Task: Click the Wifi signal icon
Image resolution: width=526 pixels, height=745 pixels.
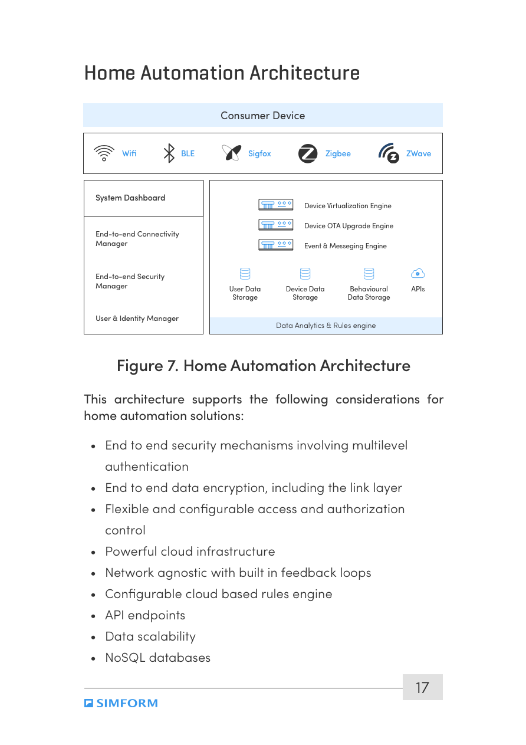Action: coord(104,153)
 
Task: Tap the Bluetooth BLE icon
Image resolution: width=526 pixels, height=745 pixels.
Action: coord(169,153)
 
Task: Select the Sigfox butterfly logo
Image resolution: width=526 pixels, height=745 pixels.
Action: coord(231,153)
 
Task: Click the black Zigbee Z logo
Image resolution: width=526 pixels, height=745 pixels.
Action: coord(308,153)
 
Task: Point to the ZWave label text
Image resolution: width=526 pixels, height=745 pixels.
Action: coord(418,153)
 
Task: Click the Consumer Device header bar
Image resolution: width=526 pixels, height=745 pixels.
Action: coord(262,116)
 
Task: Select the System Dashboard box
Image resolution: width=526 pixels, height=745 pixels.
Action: coord(143,198)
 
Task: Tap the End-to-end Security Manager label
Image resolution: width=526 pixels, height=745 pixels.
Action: coord(130,281)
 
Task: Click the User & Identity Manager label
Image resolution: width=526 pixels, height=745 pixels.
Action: coord(137,319)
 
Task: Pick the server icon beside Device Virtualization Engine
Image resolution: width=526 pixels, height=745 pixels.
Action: coord(275,205)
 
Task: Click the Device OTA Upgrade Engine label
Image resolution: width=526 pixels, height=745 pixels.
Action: coord(349,226)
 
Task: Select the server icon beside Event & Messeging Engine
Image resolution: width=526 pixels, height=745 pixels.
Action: coord(275,245)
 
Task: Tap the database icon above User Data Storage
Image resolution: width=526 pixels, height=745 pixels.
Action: coord(245,274)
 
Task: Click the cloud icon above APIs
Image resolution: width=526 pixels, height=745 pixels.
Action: coord(417,273)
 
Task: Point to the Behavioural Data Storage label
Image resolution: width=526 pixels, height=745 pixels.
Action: coord(369,293)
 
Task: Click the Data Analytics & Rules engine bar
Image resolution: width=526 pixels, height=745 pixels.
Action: coord(326,326)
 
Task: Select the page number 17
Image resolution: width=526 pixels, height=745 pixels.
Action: coord(422,688)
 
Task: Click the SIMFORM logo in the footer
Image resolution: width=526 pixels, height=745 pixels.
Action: coord(121,703)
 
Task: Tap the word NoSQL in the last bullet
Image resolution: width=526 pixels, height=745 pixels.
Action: coord(125,658)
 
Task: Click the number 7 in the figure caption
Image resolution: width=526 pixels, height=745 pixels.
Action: coord(172,366)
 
